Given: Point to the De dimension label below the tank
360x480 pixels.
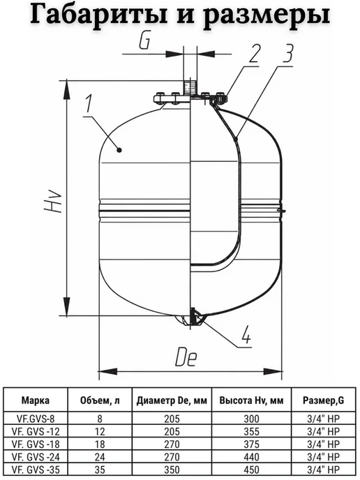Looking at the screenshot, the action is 186,357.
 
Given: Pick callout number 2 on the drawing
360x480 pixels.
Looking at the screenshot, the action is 254,54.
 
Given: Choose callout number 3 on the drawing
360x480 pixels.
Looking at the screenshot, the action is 287,54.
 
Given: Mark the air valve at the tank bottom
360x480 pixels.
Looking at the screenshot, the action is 193,317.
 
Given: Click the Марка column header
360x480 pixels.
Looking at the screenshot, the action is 35,400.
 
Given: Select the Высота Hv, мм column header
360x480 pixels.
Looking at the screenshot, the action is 251,400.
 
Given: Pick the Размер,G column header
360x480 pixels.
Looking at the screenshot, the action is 323,400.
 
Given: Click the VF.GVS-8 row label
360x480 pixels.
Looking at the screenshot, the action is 34,418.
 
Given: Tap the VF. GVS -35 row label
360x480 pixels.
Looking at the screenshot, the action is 36,470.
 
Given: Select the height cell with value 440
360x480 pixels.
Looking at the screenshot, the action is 251,457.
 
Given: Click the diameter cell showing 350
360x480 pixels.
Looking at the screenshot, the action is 172,470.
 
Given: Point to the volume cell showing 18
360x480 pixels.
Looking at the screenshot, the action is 100,444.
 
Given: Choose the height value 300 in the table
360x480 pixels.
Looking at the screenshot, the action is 251,419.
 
